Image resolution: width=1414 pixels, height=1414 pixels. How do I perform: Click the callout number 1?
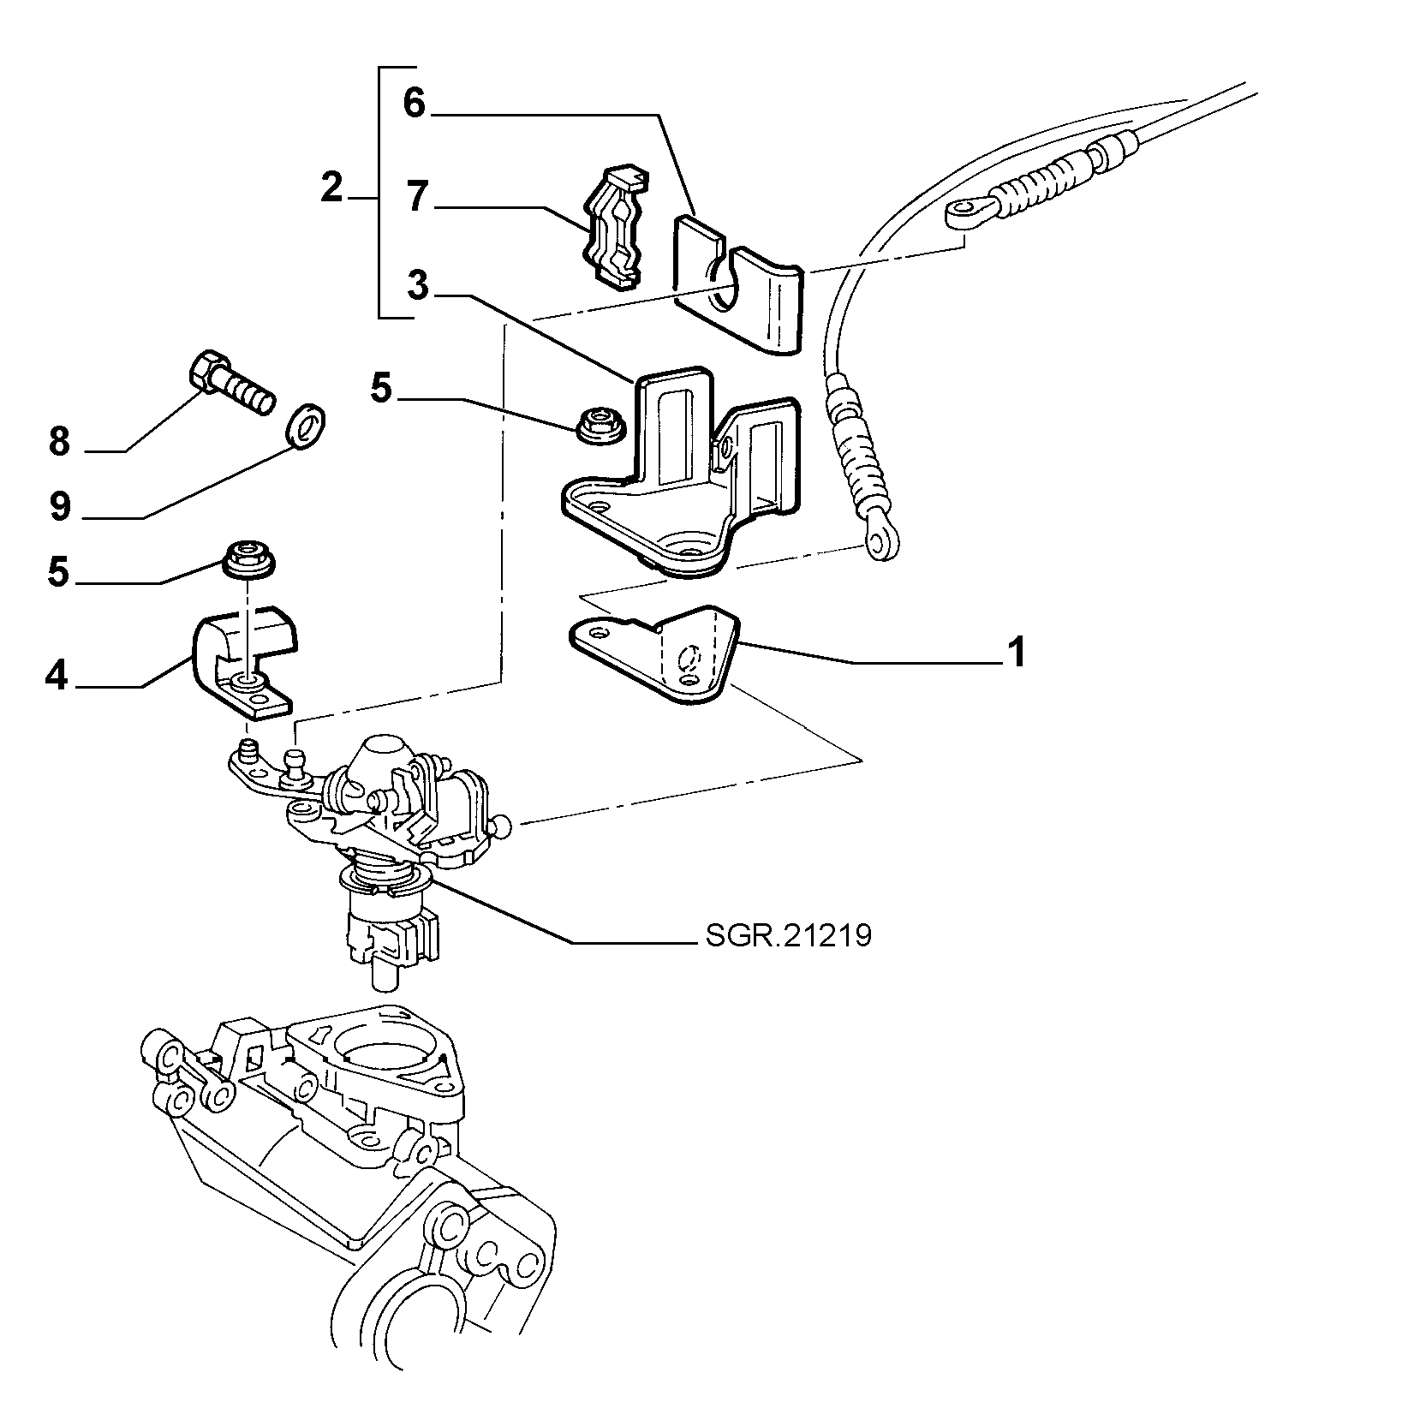pos(1015,653)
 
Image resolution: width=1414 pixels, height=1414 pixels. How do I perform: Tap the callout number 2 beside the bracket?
pos(331,187)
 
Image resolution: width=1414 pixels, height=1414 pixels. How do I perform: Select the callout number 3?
pos(417,284)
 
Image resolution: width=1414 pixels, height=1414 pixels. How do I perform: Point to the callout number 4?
pos(57,677)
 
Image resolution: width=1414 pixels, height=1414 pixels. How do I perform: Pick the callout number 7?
pos(417,196)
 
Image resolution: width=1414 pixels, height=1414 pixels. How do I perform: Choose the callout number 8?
pos(58,442)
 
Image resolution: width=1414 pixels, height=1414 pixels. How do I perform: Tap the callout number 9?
pos(59,506)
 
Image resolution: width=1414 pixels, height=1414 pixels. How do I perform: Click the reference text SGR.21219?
pos(788,935)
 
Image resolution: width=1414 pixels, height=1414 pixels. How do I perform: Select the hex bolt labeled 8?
pos(230,385)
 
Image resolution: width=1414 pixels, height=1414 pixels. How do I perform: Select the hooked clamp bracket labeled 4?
pos(244,659)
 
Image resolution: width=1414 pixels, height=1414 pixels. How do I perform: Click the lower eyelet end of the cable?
pos(881,539)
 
